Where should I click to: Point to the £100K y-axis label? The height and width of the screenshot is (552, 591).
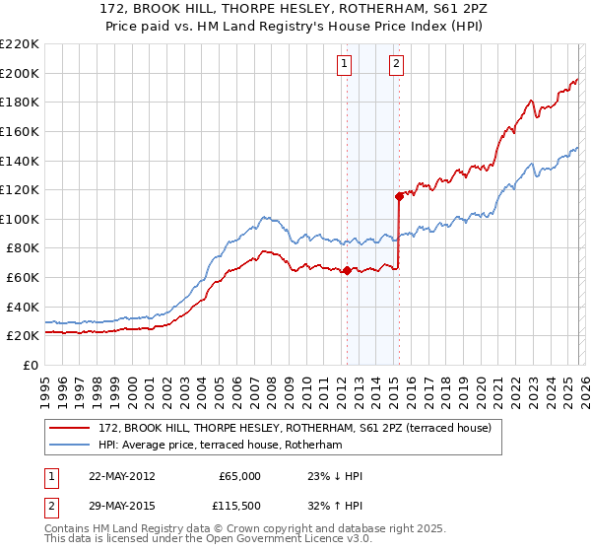20,219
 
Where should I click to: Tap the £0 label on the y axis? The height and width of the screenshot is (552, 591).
30,365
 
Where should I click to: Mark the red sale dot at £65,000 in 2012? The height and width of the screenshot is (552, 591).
347,270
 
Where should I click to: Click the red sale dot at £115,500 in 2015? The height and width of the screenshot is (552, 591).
399,196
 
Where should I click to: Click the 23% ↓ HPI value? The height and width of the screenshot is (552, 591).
335,476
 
